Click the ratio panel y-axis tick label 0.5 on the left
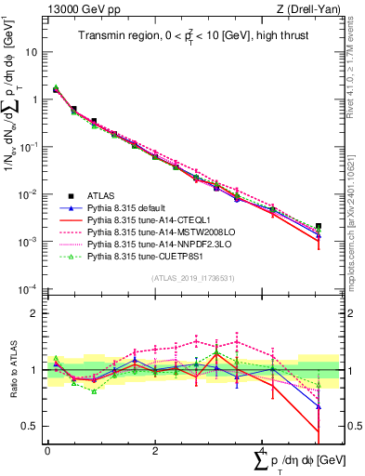coord(32,426)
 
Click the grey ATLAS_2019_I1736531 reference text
coord(186,278)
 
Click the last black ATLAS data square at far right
coord(319,226)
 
